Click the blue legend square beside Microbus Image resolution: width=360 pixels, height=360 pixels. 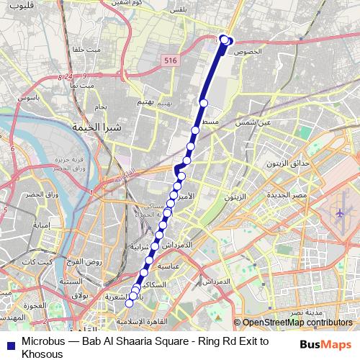point(9,341)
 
